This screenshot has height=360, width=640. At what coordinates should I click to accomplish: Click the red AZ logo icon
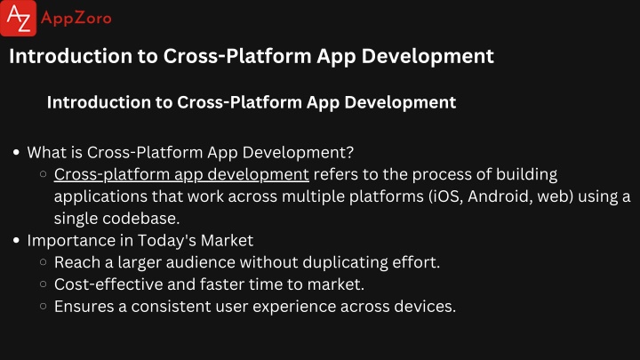[19, 18]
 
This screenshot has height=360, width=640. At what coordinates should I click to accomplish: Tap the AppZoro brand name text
[76, 19]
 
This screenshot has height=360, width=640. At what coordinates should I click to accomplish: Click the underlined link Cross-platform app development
[181, 175]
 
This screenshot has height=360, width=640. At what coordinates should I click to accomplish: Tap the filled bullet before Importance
[16, 240]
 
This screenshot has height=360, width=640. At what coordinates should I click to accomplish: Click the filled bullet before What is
[16, 152]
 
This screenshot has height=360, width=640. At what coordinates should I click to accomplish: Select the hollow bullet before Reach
[44, 262]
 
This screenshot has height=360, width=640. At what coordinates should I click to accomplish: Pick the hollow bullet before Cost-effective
[44, 284]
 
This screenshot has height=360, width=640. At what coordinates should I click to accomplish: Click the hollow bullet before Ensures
[44, 306]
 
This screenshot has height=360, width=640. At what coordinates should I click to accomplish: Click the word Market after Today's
[227, 240]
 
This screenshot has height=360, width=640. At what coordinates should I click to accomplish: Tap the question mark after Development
[349, 152]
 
